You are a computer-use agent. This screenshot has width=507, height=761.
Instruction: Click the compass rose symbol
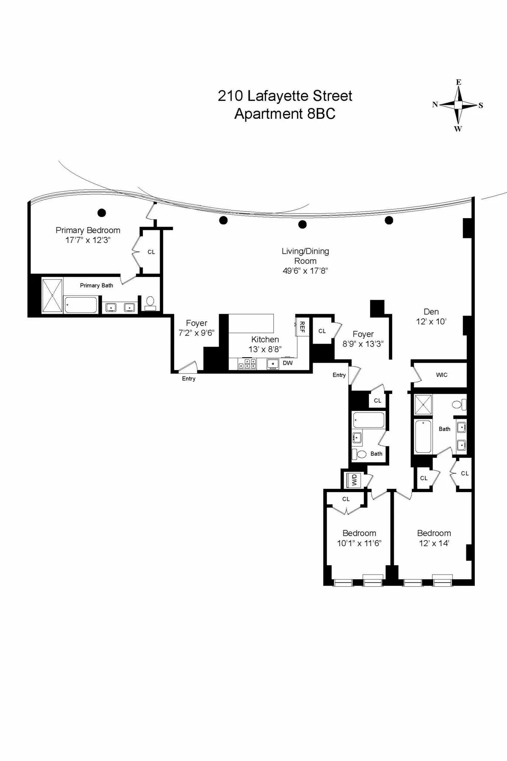coord(458,105)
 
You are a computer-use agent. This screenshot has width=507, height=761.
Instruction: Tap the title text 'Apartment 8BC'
coord(285,114)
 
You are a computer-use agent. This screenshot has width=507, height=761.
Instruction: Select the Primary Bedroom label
coord(88,230)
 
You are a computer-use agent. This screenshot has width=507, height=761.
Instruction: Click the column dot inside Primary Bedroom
coord(101,213)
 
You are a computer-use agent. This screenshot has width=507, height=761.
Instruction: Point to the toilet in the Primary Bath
coord(150,301)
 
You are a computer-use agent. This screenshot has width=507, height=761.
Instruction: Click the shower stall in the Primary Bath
coord(52,295)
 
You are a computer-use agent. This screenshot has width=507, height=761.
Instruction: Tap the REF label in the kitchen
coord(302,326)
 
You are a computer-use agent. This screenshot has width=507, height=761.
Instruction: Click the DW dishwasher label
coord(288,363)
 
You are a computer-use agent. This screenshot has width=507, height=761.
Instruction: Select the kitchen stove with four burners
coord(247,364)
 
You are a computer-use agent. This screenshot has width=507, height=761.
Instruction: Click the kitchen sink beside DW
coord(273,364)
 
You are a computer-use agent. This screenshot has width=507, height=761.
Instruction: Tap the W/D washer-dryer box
coord(354,480)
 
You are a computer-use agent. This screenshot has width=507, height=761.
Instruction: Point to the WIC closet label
coord(442,375)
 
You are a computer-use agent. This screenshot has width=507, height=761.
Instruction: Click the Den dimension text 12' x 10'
coord(431,322)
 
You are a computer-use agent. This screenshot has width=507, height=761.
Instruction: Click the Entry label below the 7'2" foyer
coord(188,379)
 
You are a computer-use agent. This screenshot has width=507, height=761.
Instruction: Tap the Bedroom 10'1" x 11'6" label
coord(359,538)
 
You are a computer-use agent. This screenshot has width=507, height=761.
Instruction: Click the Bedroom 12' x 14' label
coord(434,538)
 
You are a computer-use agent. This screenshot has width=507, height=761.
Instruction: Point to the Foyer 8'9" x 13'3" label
coord(363,339)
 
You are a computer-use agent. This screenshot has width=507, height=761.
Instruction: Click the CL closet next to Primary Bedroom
coord(151,252)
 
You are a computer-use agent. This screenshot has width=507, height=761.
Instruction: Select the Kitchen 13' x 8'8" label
coord(265,344)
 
